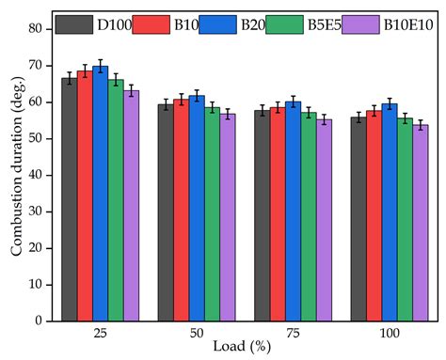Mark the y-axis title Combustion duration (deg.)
pyautogui.click(x=16, y=175)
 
